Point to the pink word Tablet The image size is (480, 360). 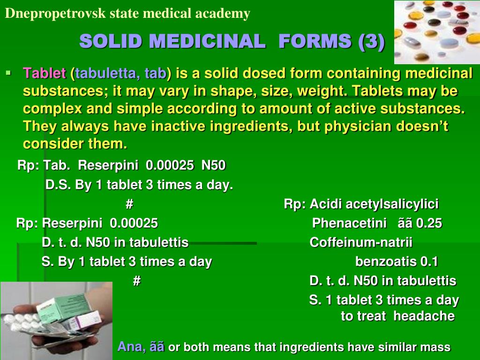pyautogui.click(x=45, y=74)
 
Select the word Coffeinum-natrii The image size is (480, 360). pyautogui.click(x=361, y=242)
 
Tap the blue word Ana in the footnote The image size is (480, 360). pyautogui.click(x=131, y=347)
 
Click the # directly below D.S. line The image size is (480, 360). pyautogui.click(x=130, y=204)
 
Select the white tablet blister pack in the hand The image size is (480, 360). pyautogui.click(x=28, y=323)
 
